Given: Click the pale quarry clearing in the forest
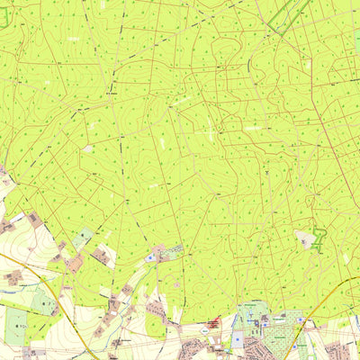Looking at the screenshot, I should tap(306, 238).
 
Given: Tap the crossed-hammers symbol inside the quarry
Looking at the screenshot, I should tap(305, 238).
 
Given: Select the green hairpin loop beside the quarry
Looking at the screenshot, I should tap(319, 239).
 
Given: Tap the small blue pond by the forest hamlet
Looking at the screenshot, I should tap(149, 257).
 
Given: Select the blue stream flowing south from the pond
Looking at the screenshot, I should tap(153, 270).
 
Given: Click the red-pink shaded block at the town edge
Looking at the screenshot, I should tap(213, 321).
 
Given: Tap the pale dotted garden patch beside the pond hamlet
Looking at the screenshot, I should tap(174, 251).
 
